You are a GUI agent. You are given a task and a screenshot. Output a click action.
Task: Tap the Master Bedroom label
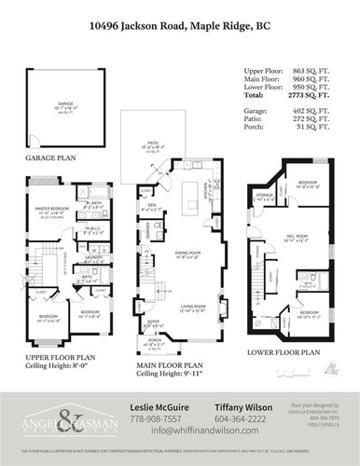[x=52, y=209]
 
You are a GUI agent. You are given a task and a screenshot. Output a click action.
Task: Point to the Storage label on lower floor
[x=264, y=194]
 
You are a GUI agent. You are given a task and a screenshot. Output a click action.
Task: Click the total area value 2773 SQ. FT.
[x=319, y=95]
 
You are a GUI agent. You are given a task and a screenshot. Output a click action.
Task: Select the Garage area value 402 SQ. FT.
[x=319, y=111]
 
